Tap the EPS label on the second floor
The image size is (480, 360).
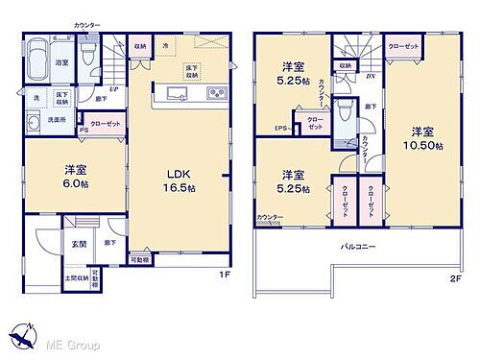280,129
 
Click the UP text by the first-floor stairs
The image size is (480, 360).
115,89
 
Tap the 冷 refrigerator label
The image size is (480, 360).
165,45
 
